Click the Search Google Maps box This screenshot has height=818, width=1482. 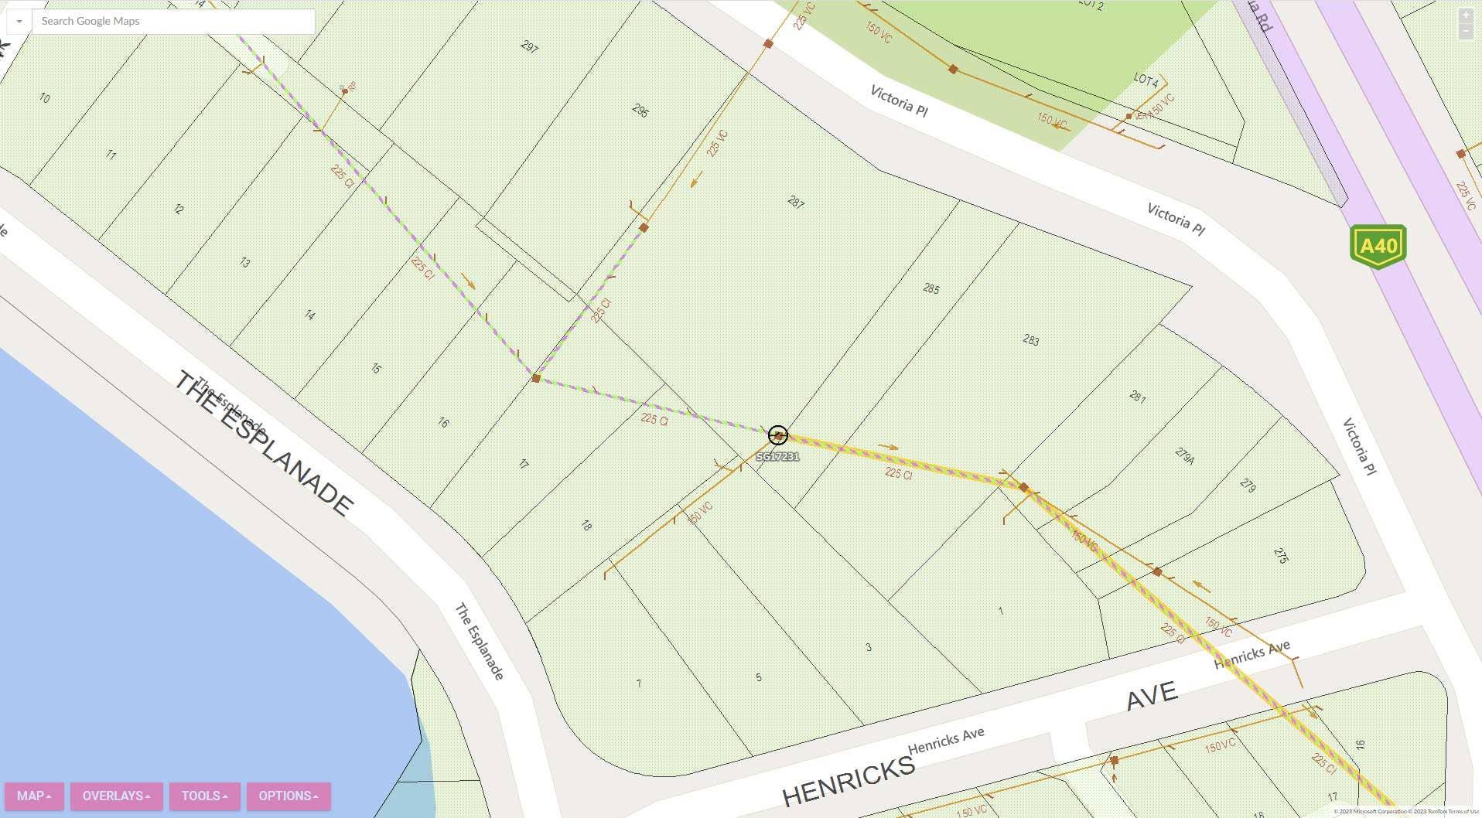tap(172, 21)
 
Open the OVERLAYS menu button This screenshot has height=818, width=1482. tap(116, 796)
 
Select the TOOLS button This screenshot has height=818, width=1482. tap(204, 796)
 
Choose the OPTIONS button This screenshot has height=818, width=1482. tap(289, 796)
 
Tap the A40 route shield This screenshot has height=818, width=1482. tap(1378, 247)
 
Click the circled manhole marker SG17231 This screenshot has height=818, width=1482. tap(777, 435)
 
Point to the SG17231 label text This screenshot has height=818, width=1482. tap(777, 457)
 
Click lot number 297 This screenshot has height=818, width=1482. tap(529, 46)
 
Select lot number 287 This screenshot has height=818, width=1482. tap(796, 203)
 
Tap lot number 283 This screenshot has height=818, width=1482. tap(1030, 339)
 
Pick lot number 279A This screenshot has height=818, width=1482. tap(1184, 456)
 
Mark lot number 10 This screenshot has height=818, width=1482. tap(44, 98)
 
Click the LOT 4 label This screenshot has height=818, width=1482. tap(1146, 80)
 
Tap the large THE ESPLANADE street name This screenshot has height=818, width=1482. tap(264, 444)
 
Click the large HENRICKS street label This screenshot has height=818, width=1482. tap(849, 782)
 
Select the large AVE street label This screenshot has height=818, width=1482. tap(1152, 696)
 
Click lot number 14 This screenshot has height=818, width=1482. tap(309, 315)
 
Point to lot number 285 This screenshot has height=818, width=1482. tap(931, 289)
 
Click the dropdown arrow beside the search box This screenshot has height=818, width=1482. tap(19, 21)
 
